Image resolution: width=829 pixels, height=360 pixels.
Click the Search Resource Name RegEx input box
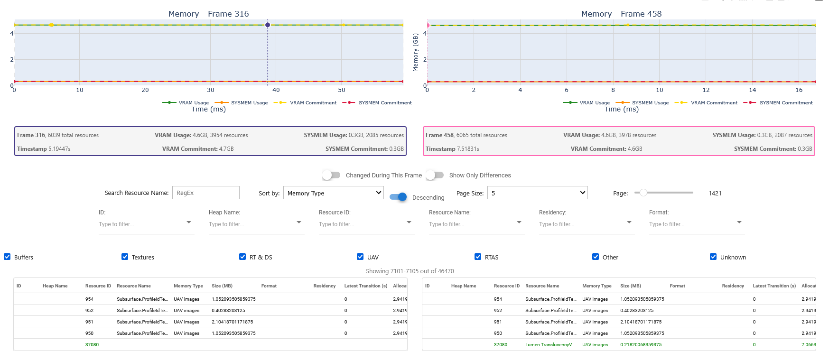coord(205,193)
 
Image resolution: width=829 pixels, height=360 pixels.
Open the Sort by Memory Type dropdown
coord(333,193)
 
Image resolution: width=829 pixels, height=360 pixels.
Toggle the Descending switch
coord(398,197)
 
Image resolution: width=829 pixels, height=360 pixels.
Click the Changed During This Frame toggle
coord(331,175)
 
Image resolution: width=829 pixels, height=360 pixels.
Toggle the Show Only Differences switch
coord(435,175)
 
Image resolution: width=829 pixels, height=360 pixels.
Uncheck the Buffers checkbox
coord(7,257)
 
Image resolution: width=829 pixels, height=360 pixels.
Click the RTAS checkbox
coord(478,257)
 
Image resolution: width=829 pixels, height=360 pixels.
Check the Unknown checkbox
coord(713,257)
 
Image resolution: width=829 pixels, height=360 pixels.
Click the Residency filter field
coord(581,224)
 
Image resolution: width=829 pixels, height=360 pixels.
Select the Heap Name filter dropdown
coord(255,224)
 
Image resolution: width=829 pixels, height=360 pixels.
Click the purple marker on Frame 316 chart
coord(268,25)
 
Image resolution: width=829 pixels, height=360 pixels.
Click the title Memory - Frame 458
coord(621,14)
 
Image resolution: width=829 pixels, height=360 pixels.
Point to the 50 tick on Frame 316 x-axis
coord(342,90)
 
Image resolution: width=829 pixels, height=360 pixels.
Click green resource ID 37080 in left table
coord(92,345)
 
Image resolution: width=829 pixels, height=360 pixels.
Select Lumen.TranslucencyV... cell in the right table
coord(550,345)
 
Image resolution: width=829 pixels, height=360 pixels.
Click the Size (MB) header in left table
coord(222,286)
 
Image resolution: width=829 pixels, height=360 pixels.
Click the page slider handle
coord(643,193)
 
